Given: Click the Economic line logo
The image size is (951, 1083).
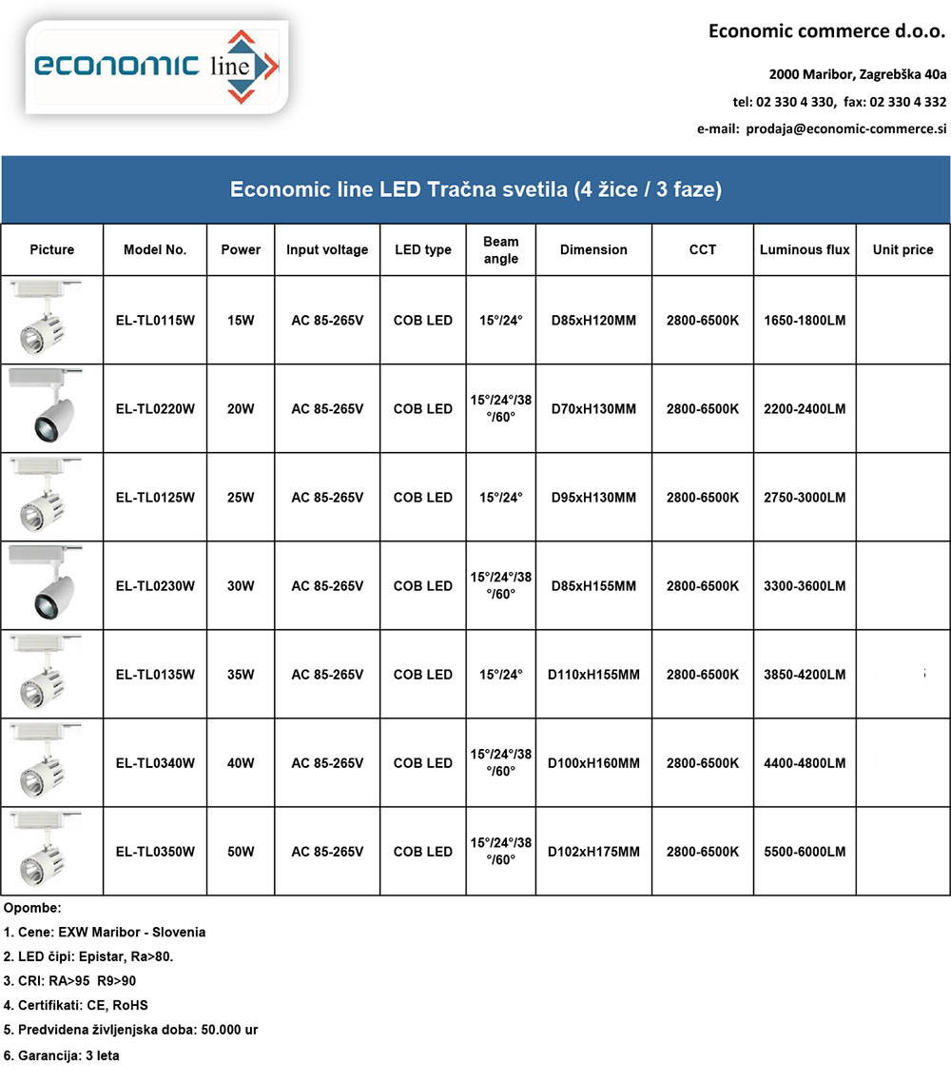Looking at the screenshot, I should (157, 67).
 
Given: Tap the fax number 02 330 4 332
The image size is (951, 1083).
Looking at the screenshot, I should (907, 102).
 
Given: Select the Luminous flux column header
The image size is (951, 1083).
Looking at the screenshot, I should (805, 249).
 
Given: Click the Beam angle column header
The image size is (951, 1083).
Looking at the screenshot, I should (501, 250).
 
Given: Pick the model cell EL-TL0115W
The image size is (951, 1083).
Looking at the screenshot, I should (155, 321).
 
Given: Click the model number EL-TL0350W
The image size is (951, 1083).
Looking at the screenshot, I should (155, 852).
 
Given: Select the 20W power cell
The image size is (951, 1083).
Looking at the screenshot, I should (241, 409).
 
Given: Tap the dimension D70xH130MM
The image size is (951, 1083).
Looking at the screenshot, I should (593, 409).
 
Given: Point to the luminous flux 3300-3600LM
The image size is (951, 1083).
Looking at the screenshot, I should (805, 586).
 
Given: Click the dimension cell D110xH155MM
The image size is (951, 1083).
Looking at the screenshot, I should (593, 675).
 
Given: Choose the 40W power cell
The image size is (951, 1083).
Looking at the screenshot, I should (241, 763).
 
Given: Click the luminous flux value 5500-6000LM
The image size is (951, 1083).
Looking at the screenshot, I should (805, 852).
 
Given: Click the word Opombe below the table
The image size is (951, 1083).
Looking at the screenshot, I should (31, 908).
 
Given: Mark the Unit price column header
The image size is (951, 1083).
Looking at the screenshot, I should (902, 249).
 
